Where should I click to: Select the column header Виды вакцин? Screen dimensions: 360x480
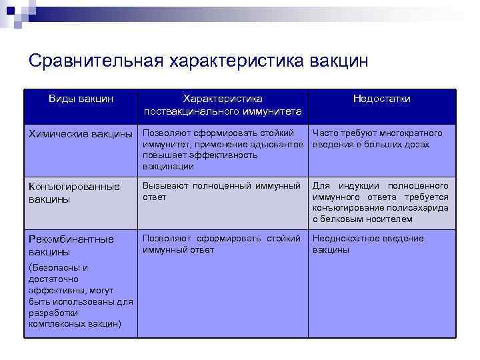(81, 99)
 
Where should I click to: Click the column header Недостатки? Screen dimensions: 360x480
(381, 99)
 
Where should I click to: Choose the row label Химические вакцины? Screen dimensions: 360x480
(80, 134)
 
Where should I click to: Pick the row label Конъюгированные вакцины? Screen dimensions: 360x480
(73, 193)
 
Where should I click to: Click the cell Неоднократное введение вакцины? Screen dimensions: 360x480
(367, 244)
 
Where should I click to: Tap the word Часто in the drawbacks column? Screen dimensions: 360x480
(326, 133)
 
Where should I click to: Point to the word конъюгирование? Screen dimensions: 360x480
(349, 208)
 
